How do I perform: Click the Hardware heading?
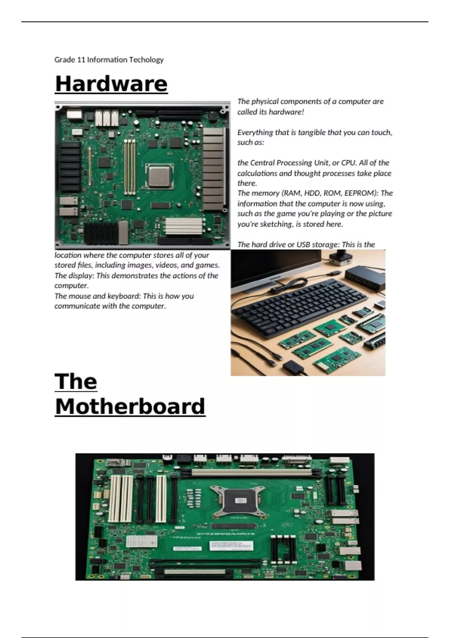(x=111, y=84)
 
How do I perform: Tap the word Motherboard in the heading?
(x=130, y=406)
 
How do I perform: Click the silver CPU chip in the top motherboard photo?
(x=159, y=176)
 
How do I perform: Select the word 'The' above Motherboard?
(x=76, y=382)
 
